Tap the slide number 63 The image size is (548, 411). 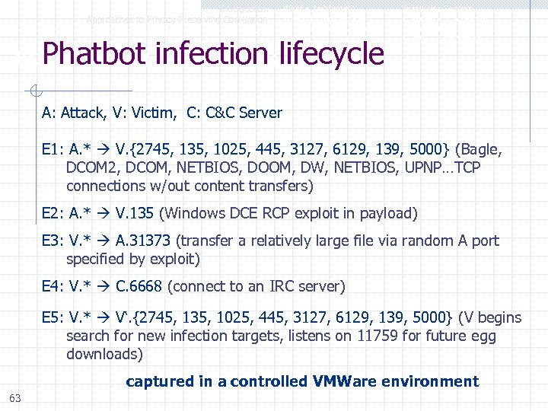click(15, 398)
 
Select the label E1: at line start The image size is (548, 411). click(53, 149)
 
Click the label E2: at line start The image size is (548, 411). click(53, 213)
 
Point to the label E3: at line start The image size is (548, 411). click(53, 241)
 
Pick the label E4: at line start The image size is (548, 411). click(53, 287)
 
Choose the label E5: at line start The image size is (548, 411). click(53, 317)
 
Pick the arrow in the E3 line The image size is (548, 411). click(104, 241)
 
